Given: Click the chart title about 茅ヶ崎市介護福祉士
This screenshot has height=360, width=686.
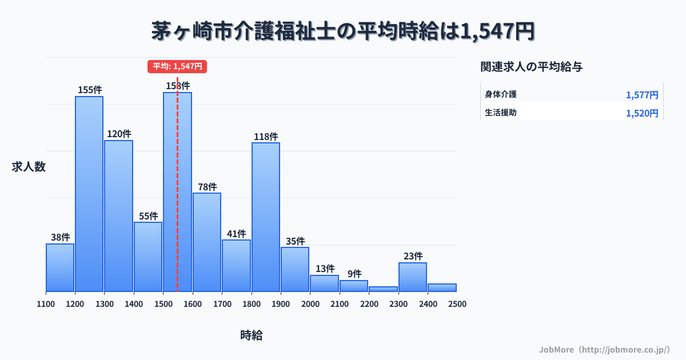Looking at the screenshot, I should (x=343, y=31).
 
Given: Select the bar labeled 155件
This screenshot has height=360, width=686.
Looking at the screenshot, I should (x=89, y=194).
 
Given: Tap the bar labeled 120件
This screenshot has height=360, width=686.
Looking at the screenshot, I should (x=118, y=216).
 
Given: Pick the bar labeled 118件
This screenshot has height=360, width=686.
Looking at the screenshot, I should (x=266, y=217).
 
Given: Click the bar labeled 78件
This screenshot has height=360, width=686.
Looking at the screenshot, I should (x=207, y=242).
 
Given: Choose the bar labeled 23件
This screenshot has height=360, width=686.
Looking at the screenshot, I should (x=413, y=277).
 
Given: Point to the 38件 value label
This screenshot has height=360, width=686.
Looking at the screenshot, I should (x=60, y=237).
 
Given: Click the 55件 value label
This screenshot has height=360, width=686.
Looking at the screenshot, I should (x=148, y=216).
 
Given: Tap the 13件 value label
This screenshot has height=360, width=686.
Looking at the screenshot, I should (x=325, y=269).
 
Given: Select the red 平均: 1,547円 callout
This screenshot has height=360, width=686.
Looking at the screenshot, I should (x=177, y=66).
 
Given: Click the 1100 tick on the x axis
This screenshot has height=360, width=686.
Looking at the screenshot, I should (x=46, y=304).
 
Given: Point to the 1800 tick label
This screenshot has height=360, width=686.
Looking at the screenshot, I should (x=252, y=304).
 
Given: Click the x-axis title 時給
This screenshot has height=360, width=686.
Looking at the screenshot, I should (x=252, y=335).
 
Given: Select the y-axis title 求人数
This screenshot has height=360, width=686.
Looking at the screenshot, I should (x=29, y=167).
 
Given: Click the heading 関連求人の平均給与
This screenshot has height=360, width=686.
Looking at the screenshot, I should (x=532, y=67).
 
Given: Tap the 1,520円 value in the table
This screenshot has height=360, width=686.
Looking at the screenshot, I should (x=642, y=113).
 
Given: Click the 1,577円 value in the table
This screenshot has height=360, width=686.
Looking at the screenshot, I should (x=642, y=95).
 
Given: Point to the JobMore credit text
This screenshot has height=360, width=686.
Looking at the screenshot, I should (x=604, y=349).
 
